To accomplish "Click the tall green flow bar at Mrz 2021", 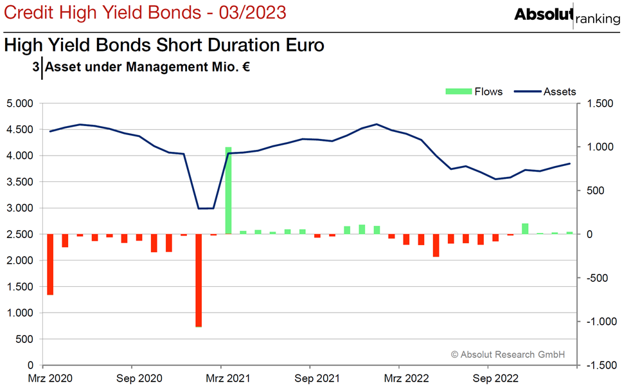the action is [x=228, y=190].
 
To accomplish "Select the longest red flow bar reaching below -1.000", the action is [x=199, y=280].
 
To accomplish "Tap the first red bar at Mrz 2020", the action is [x=50, y=264].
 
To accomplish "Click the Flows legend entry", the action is [x=474, y=92].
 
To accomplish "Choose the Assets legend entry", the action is [x=545, y=92].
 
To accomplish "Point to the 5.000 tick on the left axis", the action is [x=20, y=104].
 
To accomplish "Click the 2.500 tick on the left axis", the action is [x=20, y=234].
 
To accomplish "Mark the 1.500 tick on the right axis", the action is [x=600, y=104].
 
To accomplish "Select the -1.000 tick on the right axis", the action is [x=602, y=321].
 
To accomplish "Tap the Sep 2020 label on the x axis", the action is [x=139, y=378].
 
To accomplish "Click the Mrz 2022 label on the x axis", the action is [x=406, y=378].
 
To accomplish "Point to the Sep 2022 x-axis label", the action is [x=495, y=378].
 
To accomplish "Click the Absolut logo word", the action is [x=544, y=14].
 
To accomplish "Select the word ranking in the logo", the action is [x=598, y=19].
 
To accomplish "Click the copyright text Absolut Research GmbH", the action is [x=508, y=354].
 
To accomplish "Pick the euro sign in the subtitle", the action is [x=246, y=67].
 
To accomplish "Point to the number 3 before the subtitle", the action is [x=36, y=67].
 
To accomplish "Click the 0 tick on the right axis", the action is [x=589, y=234].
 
